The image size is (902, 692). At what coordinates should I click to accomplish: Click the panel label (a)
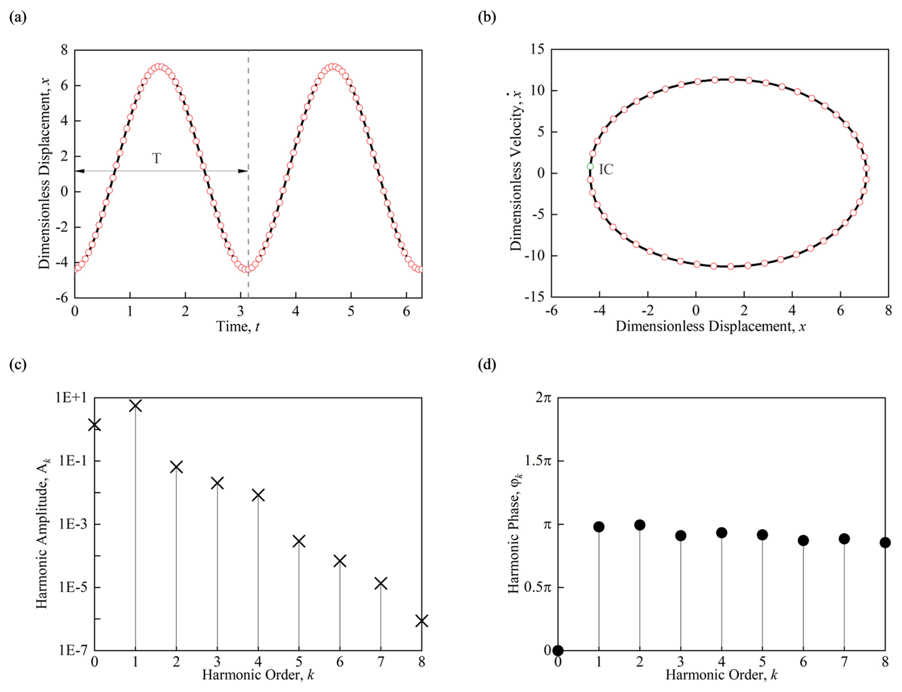coord(18,18)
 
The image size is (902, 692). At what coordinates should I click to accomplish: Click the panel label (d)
coord(487,365)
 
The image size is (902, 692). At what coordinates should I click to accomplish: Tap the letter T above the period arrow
coord(156,158)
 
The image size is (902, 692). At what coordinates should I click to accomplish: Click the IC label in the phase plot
coord(606,169)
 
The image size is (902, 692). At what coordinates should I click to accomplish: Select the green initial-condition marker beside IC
coord(590,166)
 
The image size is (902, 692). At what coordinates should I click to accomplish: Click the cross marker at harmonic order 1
coord(135,406)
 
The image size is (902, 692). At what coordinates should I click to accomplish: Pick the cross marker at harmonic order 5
coord(299,541)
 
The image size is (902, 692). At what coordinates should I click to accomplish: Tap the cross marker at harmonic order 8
coord(421,621)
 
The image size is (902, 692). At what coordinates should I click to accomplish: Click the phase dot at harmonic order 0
coord(558,651)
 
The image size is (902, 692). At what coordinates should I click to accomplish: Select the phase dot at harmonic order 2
coord(640,525)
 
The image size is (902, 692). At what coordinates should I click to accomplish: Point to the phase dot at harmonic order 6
coord(803,540)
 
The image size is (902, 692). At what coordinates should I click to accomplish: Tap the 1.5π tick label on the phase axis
coord(538,461)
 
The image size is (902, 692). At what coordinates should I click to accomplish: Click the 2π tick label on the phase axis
coord(543,397)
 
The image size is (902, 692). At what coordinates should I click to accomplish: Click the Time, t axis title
coord(238,326)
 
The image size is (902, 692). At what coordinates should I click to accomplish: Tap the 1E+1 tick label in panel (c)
coord(72,397)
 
